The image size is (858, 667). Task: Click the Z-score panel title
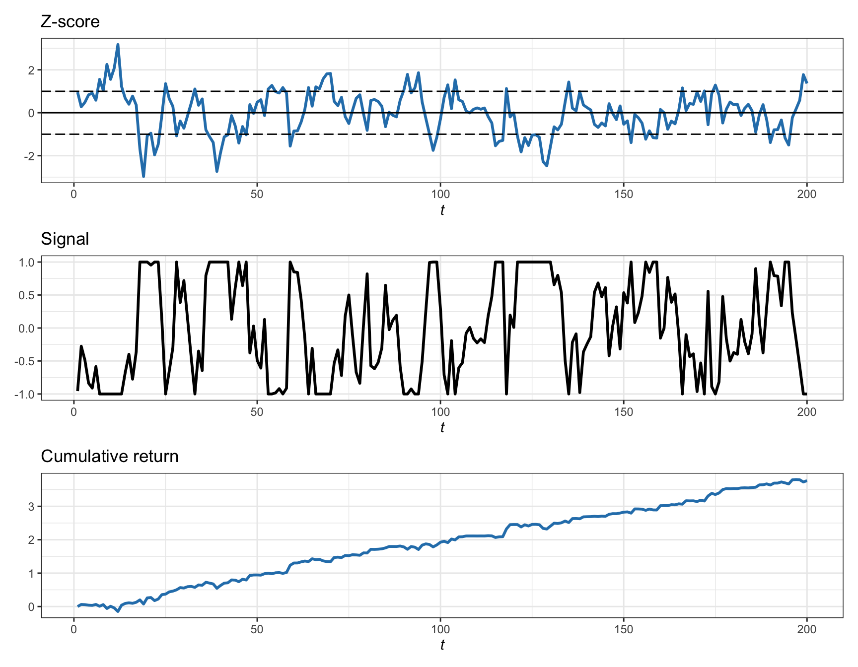70,22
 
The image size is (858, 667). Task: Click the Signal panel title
65,239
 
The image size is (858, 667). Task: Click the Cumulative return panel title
110,457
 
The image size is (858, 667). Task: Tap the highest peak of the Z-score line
118,45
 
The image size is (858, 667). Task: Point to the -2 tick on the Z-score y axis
31,156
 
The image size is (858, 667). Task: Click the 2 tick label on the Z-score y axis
32,70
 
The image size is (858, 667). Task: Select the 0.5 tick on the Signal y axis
27,295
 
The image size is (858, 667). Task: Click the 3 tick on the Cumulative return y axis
32,507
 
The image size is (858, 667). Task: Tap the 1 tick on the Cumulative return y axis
32,574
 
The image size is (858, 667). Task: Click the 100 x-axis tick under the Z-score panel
440,195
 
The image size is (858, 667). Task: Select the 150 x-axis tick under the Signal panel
624,412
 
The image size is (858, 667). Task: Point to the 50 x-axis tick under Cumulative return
257,629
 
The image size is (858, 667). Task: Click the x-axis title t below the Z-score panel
442,210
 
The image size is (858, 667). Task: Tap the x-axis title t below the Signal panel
442,428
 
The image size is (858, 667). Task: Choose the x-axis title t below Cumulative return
442,645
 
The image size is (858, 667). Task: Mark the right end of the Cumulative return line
806,481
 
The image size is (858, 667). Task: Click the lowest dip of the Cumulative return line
118,611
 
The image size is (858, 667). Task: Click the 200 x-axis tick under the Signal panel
806,412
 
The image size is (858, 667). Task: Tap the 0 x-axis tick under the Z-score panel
74,195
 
